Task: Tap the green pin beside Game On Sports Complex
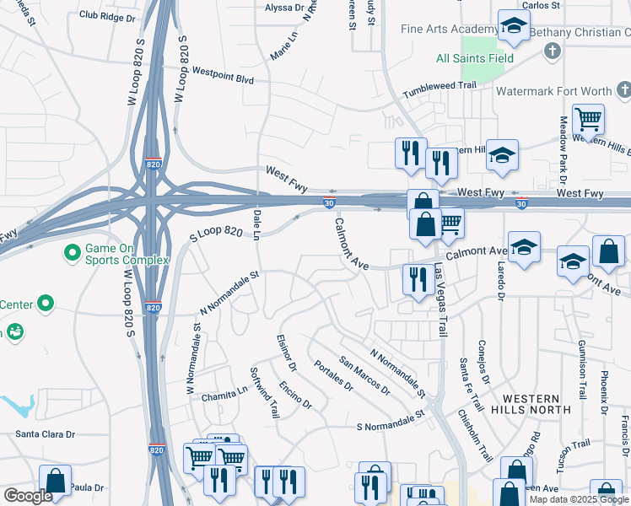click(73, 252)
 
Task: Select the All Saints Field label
click(475, 59)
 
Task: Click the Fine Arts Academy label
click(439, 30)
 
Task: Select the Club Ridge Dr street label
click(106, 16)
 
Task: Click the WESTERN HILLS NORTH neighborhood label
click(531, 403)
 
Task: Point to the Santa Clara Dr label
click(46, 434)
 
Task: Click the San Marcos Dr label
click(365, 375)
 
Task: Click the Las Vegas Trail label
click(440, 300)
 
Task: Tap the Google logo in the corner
click(28, 496)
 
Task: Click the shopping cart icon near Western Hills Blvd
click(588, 120)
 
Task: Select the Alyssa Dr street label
click(284, 8)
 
